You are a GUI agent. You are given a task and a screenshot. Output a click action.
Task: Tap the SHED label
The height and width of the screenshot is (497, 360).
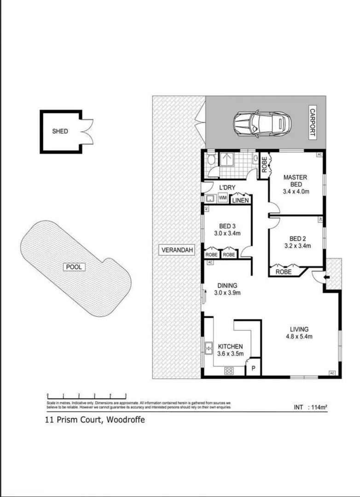(x=60, y=131)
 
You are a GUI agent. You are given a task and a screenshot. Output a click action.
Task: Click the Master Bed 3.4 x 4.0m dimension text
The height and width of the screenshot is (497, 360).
(x=295, y=191)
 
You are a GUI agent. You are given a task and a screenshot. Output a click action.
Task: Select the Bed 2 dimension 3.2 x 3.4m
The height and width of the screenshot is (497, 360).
(x=297, y=246)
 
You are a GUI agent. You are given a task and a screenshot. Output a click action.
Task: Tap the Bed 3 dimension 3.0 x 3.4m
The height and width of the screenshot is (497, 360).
(x=227, y=233)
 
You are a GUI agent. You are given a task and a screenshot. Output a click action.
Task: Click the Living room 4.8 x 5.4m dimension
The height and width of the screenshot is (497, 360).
(x=299, y=336)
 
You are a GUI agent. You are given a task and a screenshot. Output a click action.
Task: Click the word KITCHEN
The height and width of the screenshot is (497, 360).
(x=230, y=347)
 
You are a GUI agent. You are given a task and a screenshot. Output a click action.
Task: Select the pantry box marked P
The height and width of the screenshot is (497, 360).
(x=253, y=369)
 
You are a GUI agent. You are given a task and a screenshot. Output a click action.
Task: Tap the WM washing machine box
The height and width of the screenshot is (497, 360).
(x=222, y=198)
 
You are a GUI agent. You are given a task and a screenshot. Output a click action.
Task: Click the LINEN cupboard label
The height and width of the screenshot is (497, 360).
(x=240, y=200)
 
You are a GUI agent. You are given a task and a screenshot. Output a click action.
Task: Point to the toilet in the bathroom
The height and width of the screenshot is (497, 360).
(x=211, y=161)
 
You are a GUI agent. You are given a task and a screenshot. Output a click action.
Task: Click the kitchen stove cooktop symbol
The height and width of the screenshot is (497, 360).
(x=229, y=371)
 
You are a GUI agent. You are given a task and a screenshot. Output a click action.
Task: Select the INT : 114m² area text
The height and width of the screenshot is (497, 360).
(x=310, y=407)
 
